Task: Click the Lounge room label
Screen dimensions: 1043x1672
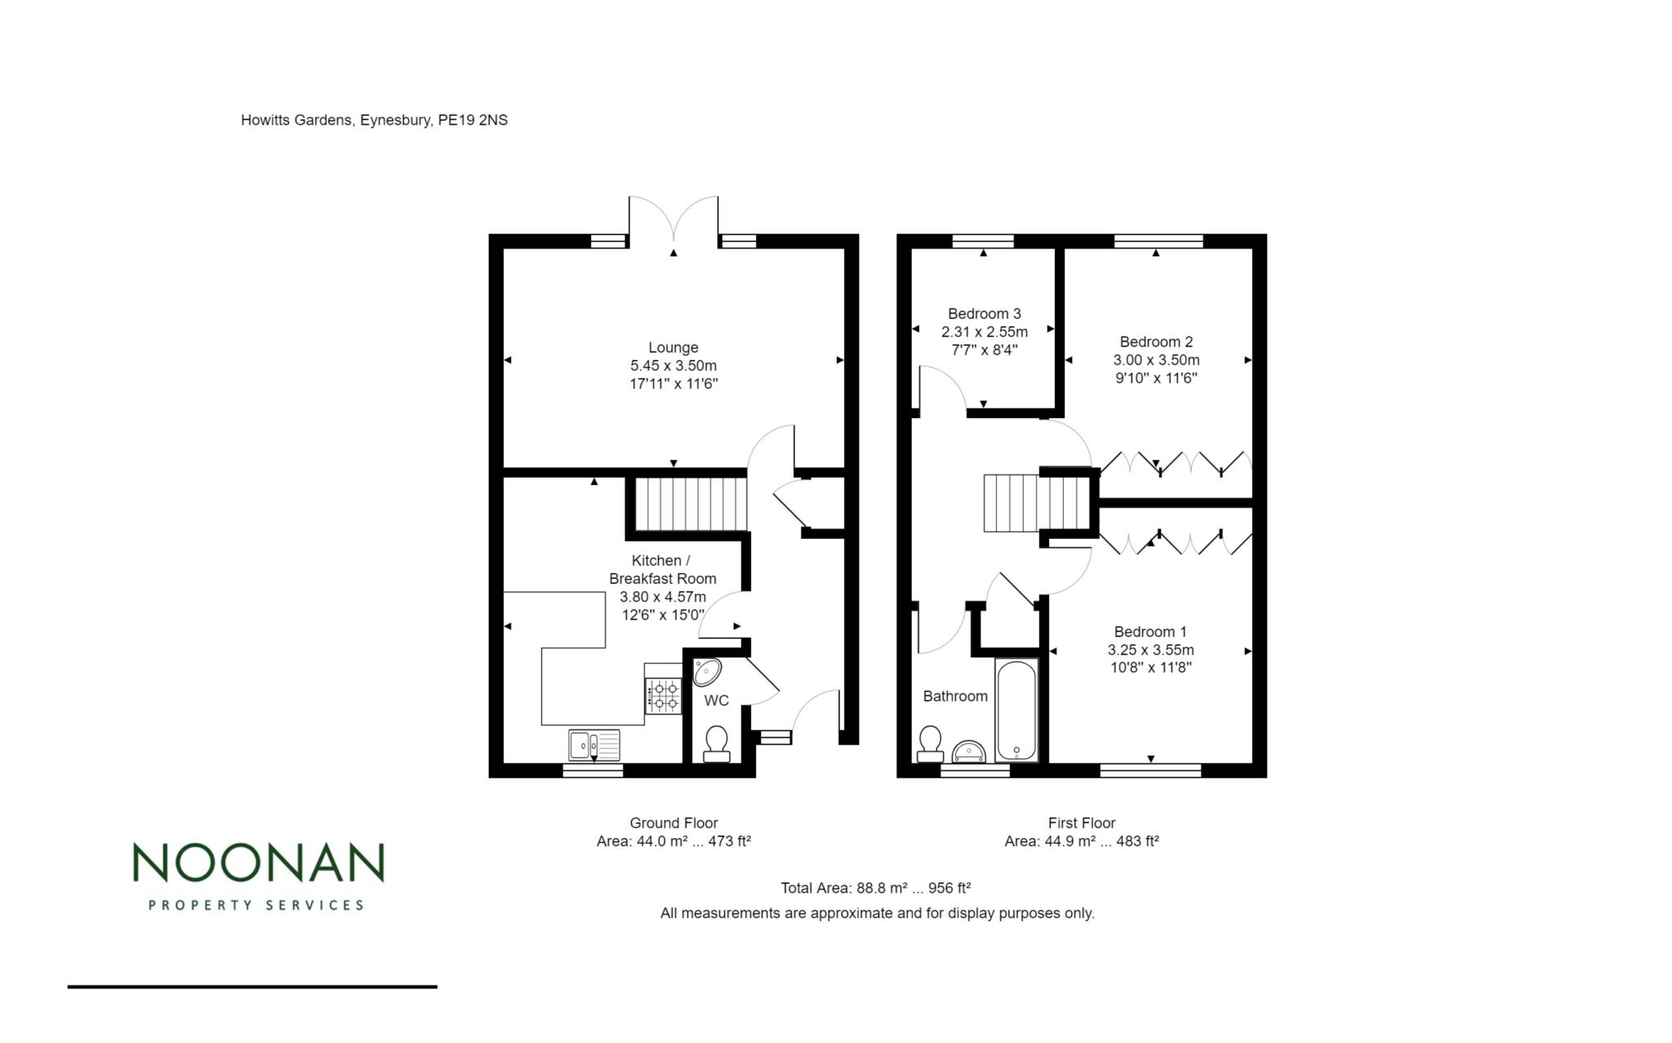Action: tap(673, 348)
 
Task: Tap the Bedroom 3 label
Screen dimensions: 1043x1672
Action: tap(984, 314)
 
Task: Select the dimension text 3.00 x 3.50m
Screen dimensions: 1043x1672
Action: tap(1156, 360)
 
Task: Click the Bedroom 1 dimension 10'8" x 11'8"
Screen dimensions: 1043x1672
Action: tap(1150, 667)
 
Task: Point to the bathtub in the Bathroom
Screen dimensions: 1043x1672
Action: tap(1016, 711)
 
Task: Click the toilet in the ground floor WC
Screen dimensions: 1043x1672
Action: tap(716, 742)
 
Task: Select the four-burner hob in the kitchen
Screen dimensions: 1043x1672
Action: tap(663, 696)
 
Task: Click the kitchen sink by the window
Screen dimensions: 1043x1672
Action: tap(594, 744)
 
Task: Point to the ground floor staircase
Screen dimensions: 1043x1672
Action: tap(691, 505)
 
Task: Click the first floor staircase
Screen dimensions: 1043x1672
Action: tap(1037, 503)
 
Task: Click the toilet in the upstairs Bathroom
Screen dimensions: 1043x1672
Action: tap(930, 743)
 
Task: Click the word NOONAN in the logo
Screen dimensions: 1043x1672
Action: tap(258, 862)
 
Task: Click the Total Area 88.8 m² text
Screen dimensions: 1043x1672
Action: tap(875, 888)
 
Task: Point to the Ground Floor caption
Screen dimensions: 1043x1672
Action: tap(673, 823)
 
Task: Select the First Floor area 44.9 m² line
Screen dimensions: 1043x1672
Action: tap(1081, 841)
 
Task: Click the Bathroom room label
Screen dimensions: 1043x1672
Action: tap(955, 696)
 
